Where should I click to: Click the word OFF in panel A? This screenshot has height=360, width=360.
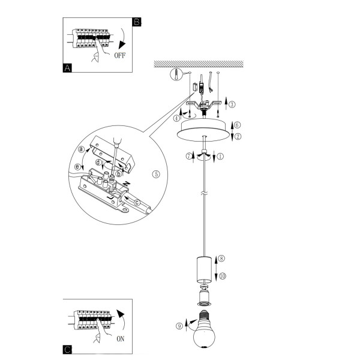pos(120,55)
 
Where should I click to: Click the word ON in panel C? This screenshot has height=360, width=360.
pos(121,339)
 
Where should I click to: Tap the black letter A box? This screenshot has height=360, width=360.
pos(67,68)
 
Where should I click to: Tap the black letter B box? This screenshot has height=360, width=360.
pos(137,22)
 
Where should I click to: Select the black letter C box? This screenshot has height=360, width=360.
pos(67,350)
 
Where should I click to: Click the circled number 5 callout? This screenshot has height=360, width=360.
pos(156,174)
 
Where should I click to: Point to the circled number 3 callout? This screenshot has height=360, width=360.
pos(232,104)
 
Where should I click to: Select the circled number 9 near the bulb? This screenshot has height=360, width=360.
pos(179,326)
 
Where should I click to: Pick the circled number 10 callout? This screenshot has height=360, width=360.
pos(223,276)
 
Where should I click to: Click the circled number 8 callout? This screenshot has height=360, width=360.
pos(221,259)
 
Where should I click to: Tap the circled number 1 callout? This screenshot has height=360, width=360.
pos(220,157)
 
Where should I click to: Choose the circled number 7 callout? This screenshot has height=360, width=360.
pos(189,157)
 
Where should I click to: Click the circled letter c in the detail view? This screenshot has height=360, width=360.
pos(137,203)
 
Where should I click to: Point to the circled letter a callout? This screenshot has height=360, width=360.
pos(81,149)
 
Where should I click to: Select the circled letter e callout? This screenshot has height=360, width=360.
pos(78,167)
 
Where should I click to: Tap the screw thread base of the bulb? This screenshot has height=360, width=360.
pos(204,314)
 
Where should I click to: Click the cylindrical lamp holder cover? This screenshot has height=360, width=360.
pos(204,269)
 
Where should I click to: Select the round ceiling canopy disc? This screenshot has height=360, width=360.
pos(203,130)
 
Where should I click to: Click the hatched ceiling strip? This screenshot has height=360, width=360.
pos(199,64)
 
